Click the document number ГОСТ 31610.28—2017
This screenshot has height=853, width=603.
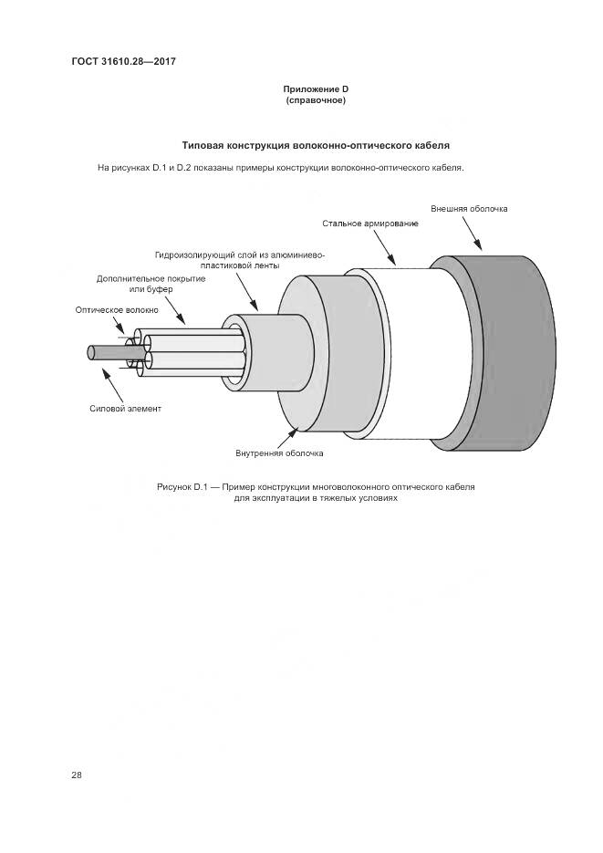pos(123,61)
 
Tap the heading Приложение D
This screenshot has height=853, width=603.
pos(316,88)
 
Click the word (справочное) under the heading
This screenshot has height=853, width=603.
pos(316,99)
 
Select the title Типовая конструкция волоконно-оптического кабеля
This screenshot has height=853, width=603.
pos(316,145)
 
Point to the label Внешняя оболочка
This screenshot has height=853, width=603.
pos(469,209)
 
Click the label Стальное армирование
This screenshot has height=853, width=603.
pos(370,224)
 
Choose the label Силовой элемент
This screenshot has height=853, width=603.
pos(126,408)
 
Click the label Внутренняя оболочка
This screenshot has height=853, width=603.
pos(279,453)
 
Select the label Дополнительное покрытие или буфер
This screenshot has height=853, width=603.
pos(151,283)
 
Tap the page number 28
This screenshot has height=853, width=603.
pos(77,775)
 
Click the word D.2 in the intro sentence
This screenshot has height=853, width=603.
pos(186,168)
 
